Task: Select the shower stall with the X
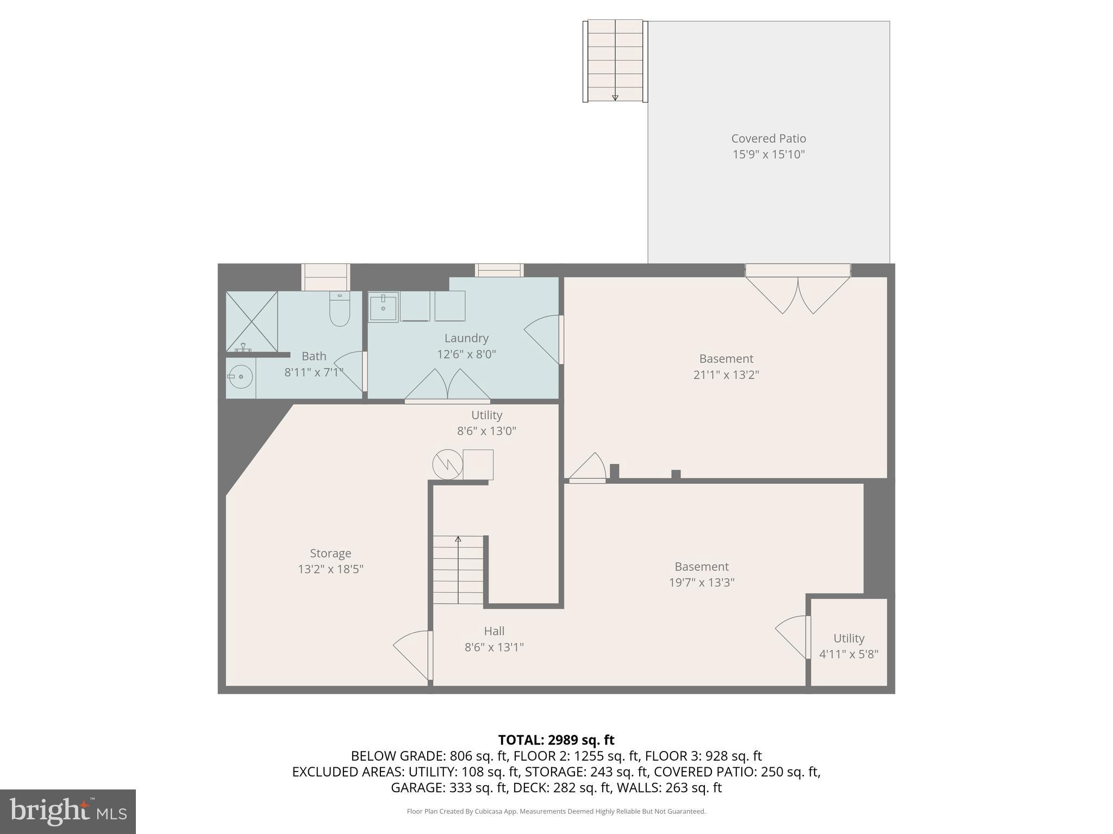[252, 321]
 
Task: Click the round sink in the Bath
[240, 376]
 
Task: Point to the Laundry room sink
[383, 307]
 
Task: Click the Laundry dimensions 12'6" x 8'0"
[466, 355]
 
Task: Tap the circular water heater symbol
[447, 465]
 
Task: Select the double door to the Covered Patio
[798, 293]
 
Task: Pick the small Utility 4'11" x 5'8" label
[848, 646]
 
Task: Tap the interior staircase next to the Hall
[458, 570]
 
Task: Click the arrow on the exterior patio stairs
[615, 98]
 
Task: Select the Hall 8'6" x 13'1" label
[494, 639]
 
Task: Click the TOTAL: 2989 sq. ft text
[556, 740]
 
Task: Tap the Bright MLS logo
[68, 811]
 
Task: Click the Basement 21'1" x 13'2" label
[726, 367]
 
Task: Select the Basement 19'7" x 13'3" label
[701, 574]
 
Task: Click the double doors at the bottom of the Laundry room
[447, 387]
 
